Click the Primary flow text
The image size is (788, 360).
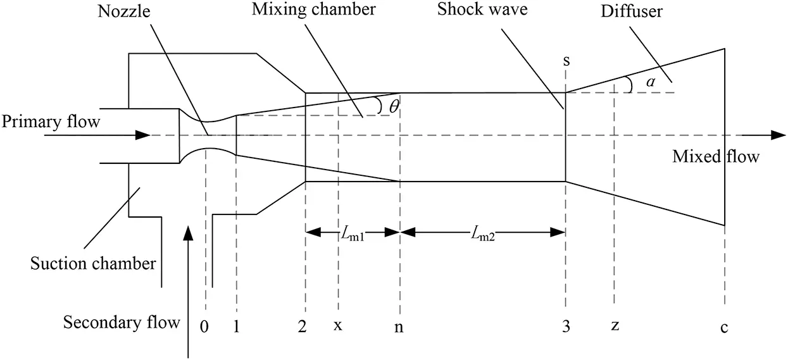[x=51, y=121]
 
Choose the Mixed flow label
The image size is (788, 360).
[x=715, y=156]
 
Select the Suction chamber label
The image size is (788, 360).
[x=93, y=263]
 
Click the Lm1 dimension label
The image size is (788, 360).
[x=353, y=233]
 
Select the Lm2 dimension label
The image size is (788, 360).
[x=482, y=233]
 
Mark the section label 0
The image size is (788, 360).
[x=204, y=326]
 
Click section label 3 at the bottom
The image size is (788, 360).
[x=565, y=326]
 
